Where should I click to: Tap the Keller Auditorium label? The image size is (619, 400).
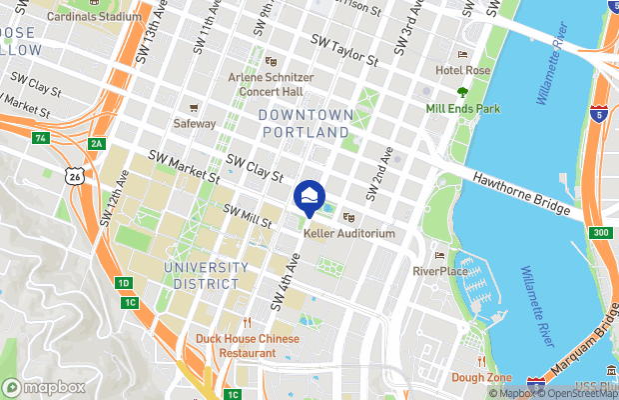(349, 233)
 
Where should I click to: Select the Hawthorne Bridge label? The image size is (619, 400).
(521, 193)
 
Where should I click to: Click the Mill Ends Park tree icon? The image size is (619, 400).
(462, 91)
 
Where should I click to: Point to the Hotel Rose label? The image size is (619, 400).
(463, 70)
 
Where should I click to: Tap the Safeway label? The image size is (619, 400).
(195, 123)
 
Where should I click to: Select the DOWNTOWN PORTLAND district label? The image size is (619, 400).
(305, 123)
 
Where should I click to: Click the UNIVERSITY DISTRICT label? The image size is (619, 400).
(207, 275)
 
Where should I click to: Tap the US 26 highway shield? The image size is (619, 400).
(74, 176)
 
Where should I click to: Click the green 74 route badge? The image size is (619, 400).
(40, 137)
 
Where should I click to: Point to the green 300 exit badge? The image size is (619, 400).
(599, 233)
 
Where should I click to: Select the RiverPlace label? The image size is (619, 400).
(439, 270)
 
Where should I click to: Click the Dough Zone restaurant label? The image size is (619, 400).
(481, 377)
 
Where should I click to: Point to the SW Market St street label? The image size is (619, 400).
(184, 167)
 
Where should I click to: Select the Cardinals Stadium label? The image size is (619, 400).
(94, 17)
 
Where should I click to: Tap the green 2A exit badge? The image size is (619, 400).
(96, 144)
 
